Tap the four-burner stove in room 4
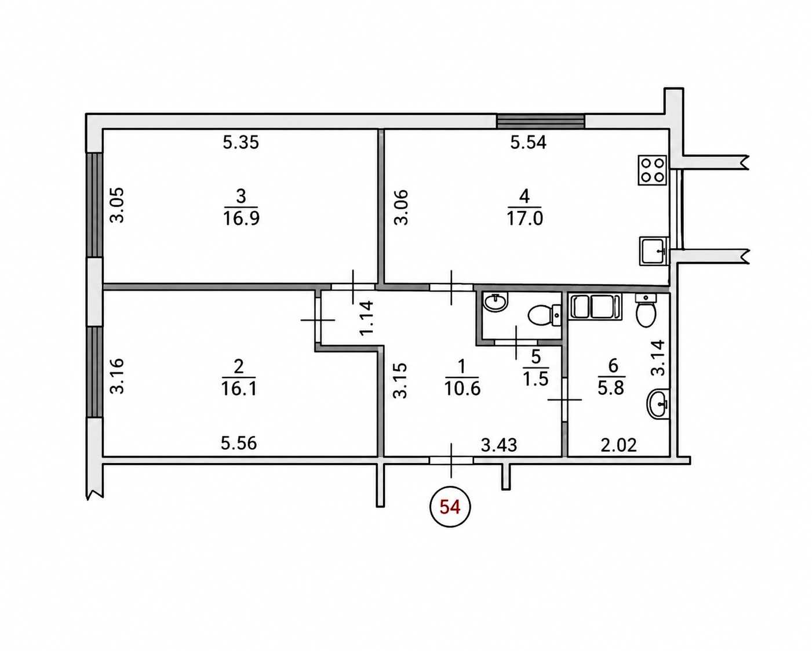[x=653, y=170]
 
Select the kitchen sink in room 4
[x=654, y=250]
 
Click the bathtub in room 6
[x=595, y=307]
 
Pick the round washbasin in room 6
[x=658, y=404]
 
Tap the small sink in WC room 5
[x=496, y=302]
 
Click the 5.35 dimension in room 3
[x=241, y=143]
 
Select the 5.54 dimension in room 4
[x=528, y=143]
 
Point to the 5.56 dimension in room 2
[x=238, y=443]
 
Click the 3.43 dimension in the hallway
[x=499, y=446]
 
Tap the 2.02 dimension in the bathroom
[x=618, y=446]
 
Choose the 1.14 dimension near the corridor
[x=366, y=318]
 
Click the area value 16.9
[x=241, y=219]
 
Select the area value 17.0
[x=525, y=219]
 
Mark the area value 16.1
[x=239, y=389]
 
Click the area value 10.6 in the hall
[x=463, y=389]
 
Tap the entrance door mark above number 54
[x=451, y=460]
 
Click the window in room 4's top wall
[x=540, y=122]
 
